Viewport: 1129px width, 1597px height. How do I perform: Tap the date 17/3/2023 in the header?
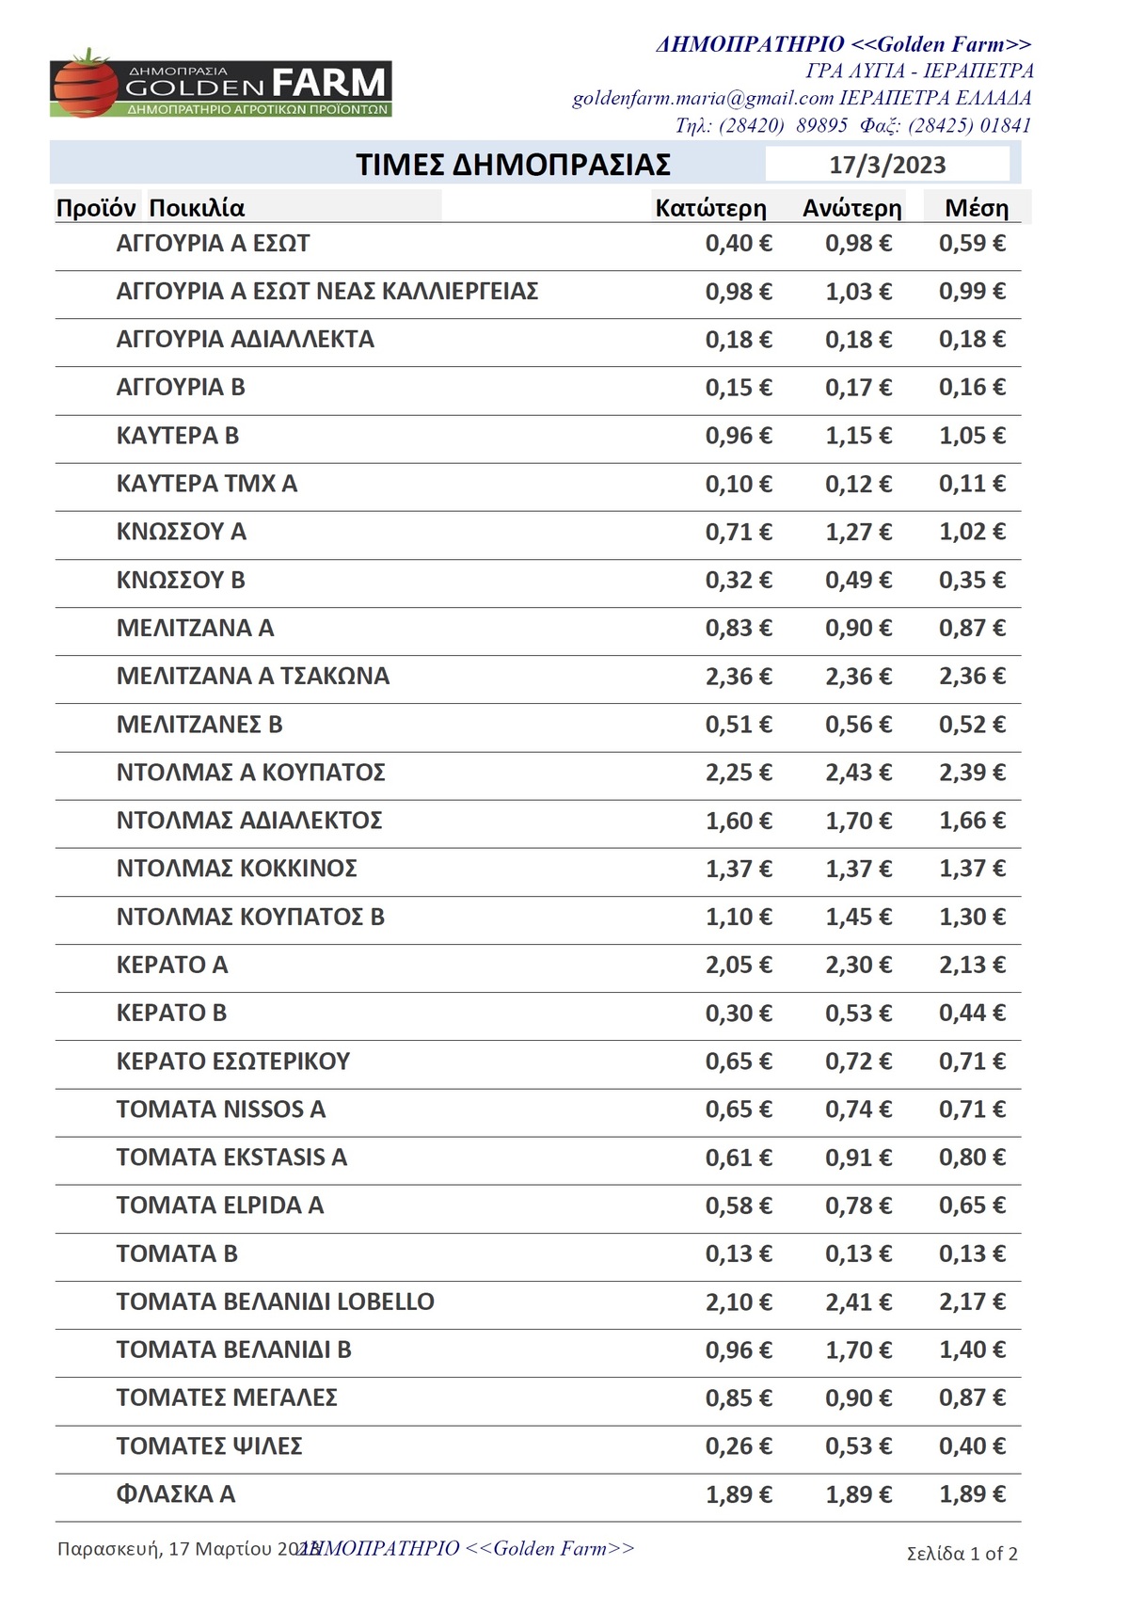point(887,166)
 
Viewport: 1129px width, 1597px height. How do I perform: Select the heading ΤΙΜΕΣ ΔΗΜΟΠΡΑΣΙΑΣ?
point(513,166)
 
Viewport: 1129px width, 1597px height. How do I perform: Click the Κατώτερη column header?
point(710,208)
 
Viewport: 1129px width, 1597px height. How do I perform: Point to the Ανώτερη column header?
point(851,208)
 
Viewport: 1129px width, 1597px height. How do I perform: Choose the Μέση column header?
point(977,208)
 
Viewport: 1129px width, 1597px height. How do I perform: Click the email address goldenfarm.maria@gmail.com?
point(703,98)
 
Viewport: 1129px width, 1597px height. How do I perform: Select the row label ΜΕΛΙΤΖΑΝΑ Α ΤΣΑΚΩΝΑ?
point(252,676)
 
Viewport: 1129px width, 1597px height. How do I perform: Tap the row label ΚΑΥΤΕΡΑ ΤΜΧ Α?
point(206,484)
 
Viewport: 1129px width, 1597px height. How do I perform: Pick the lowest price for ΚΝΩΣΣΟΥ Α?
point(739,532)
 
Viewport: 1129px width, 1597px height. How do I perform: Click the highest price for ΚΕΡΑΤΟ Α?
point(858,965)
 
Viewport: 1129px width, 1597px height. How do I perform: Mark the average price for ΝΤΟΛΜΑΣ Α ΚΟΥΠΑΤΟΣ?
point(972,773)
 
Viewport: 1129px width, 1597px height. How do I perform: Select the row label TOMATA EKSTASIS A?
point(231,1158)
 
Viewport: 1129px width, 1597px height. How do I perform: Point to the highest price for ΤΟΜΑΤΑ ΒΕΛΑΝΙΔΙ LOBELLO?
point(858,1302)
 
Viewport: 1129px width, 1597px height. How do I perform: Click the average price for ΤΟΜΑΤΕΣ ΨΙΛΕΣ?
point(972,1446)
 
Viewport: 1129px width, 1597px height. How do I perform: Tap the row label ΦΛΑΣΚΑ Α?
point(175,1494)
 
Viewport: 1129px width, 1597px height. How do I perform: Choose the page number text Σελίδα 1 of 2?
point(962,1554)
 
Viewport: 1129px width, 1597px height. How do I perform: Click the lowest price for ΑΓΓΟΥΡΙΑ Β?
point(739,388)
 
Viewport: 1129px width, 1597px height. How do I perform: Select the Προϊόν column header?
point(96,208)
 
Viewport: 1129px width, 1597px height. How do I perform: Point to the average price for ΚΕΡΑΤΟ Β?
point(972,1014)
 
